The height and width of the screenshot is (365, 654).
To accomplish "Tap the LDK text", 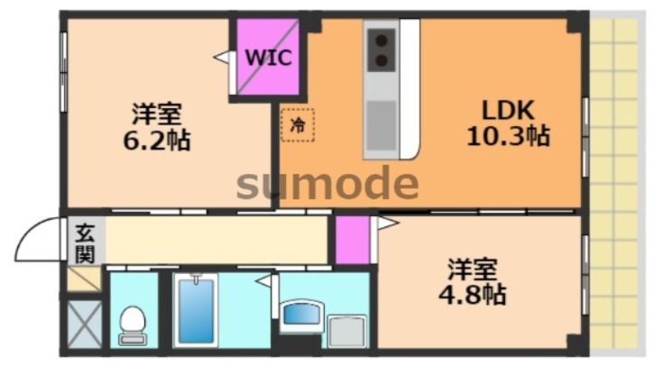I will [x=508, y=111].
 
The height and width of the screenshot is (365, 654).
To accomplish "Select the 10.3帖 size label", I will [x=508, y=137].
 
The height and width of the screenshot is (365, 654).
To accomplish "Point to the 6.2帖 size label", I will [x=157, y=141].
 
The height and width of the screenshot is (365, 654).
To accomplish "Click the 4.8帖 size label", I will [x=473, y=294].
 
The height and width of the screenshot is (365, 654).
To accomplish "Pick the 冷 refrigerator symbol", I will [x=297, y=127].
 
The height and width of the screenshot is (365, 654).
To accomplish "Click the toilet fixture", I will [x=134, y=324].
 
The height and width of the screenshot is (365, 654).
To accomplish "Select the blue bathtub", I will [x=196, y=310].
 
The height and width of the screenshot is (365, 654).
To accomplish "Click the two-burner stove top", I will [x=381, y=49].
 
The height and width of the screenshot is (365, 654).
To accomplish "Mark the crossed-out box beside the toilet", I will [x=86, y=323].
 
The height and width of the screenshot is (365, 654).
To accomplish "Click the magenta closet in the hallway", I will [x=352, y=240].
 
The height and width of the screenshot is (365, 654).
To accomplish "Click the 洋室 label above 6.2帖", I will [x=157, y=115].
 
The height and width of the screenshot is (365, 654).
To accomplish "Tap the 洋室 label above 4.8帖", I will [x=473, y=269].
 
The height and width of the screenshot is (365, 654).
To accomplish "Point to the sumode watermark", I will [x=327, y=184].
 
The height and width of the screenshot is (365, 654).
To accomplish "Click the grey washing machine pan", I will [x=346, y=331].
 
